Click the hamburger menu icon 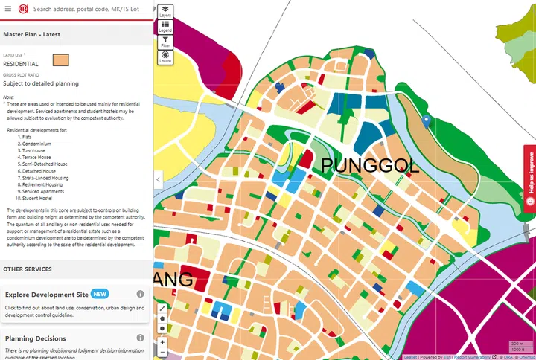(x=7, y=10)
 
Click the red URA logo (x=23, y=10)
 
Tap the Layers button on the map (x=165, y=11)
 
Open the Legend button (x=165, y=27)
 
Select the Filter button (x=165, y=42)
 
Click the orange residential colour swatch (x=61, y=60)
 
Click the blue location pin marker (x=426, y=120)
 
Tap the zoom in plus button (x=162, y=342)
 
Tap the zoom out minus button (x=162, y=352)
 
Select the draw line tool (x=162, y=308)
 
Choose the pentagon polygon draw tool (x=162, y=318)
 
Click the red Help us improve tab (x=529, y=179)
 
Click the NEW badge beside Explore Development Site (x=100, y=294)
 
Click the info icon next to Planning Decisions (x=140, y=338)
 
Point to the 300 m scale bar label (x=517, y=344)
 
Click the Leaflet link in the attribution (x=410, y=357)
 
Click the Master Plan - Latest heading (x=31, y=34)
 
